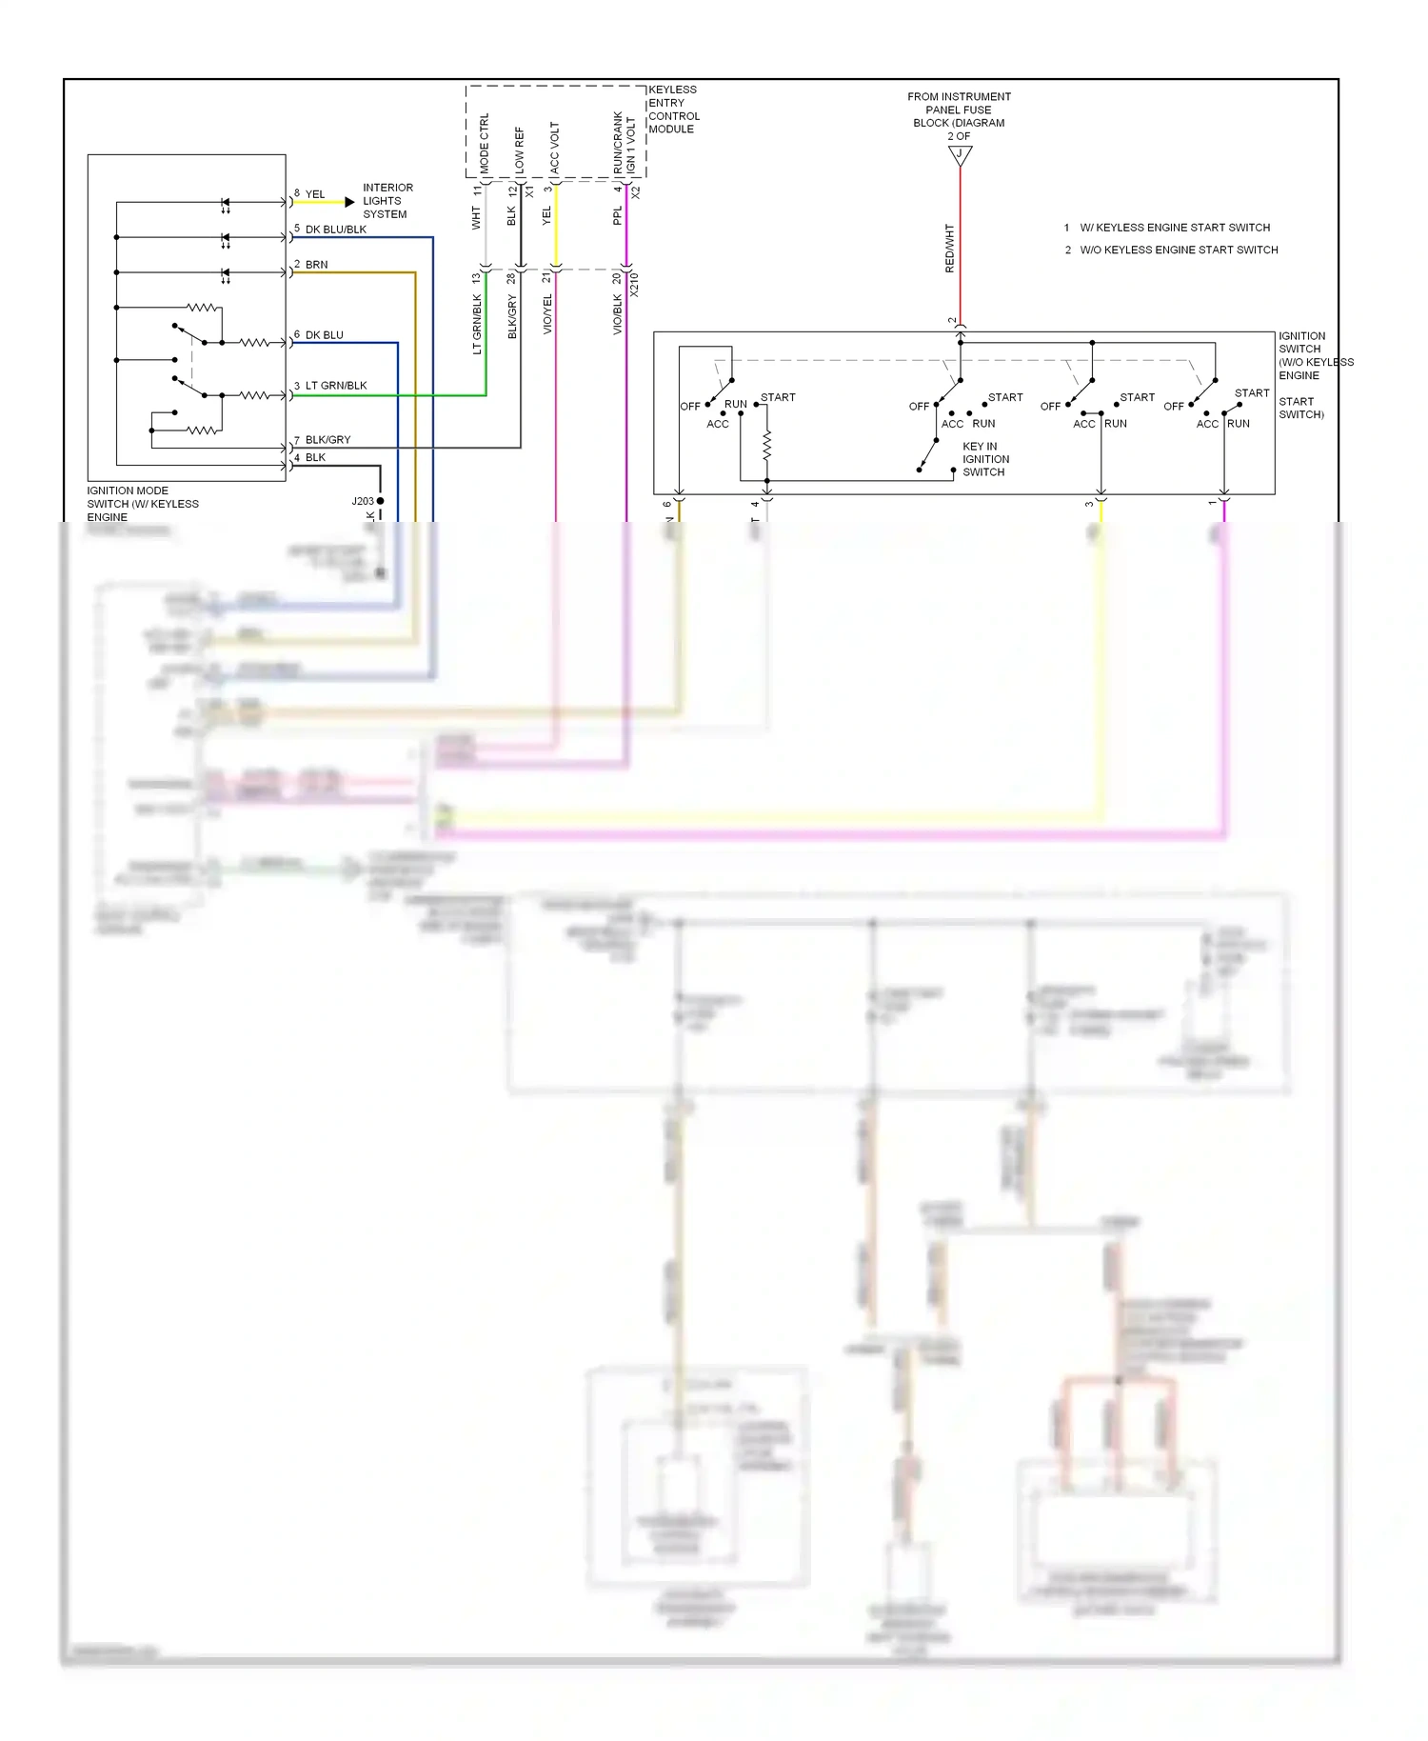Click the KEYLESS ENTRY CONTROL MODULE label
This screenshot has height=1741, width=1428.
(x=673, y=110)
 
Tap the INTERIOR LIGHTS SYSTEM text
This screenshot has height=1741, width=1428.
(x=387, y=201)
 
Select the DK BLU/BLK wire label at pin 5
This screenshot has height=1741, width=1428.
(x=335, y=230)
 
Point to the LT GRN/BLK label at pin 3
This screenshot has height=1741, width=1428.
(x=335, y=386)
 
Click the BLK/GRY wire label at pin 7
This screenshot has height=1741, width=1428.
(x=327, y=440)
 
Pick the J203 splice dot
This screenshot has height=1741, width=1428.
(x=380, y=501)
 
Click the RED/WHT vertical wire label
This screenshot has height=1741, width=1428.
(x=949, y=249)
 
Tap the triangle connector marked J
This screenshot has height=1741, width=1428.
(x=960, y=155)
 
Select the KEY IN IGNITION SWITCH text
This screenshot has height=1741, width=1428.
(x=985, y=459)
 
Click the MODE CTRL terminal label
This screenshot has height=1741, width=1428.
(x=484, y=143)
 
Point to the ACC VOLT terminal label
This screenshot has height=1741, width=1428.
(x=554, y=147)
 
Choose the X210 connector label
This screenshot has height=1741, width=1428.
(x=635, y=284)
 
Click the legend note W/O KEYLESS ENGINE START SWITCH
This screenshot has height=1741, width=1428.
(x=1179, y=250)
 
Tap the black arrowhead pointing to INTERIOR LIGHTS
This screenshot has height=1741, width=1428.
(x=349, y=202)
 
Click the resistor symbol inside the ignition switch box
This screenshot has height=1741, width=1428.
(x=767, y=445)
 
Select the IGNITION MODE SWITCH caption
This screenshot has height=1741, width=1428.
(x=143, y=504)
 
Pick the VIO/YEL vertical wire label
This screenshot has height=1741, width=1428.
(x=547, y=314)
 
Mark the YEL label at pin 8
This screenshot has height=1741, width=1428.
(x=315, y=194)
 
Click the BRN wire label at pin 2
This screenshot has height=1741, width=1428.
(x=316, y=265)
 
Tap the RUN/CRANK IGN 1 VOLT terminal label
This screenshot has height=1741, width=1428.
(x=624, y=143)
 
